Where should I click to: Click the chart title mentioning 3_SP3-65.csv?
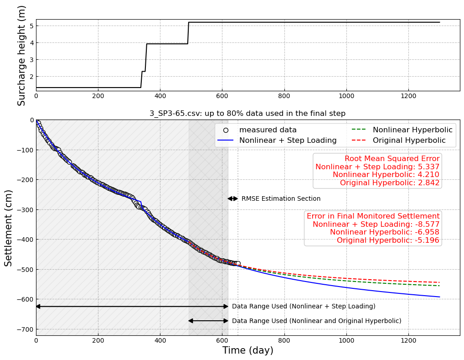[x=247, y=114]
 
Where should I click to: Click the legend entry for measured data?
[x=268, y=130]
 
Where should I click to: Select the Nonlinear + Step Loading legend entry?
[x=288, y=141]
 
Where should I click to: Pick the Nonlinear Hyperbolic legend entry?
[x=412, y=130]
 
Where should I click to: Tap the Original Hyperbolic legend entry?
[x=409, y=141]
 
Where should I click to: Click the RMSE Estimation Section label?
[x=281, y=199]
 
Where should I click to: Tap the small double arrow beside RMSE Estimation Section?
[x=233, y=198]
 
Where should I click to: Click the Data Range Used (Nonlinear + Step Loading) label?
[x=304, y=307]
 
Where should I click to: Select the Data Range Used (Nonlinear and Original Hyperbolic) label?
[x=316, y=321]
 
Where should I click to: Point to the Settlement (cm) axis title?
[x=9, y=228]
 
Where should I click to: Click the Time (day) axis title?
[x=247, y=351]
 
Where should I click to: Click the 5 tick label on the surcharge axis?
[x=31, y=26]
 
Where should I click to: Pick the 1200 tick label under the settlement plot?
[x=408, y=340]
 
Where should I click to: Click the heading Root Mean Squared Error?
[x=392, y=159]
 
